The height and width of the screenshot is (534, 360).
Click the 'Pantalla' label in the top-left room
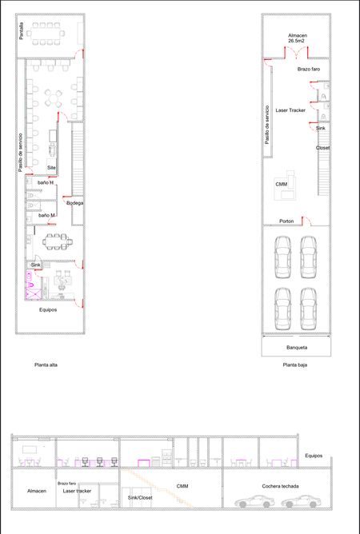click(x=21, y=31)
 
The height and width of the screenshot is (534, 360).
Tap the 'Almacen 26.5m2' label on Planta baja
click(x=297, y=38)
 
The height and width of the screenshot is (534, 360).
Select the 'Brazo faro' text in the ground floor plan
click(x=309, y=69)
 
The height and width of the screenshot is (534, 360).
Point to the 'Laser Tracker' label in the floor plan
click(x=290, y=110)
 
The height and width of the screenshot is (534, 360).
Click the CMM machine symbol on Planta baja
click(x=286, y=185)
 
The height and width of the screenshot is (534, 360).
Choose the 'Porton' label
click(x=286, y=221)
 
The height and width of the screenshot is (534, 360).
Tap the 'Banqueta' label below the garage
click(x=297, y=348)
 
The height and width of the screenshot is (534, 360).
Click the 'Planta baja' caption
click(x=295, y=365)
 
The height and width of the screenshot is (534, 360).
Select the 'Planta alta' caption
click(x=46, y=365)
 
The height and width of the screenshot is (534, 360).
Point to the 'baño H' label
click(x=46, y=183)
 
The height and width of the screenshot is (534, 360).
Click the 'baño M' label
click(x=46, y=215)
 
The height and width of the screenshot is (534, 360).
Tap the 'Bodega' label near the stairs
click(x=75, y=203)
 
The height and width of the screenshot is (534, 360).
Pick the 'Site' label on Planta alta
click(x=51, y=168)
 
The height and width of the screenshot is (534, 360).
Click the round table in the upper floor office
click(x=54, y=98)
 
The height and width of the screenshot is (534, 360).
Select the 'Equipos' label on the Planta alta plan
click(x=48, y=310)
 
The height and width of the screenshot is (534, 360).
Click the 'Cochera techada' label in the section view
click(x=280, y=486)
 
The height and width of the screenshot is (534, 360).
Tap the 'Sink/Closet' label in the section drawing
click(x=140, y=497)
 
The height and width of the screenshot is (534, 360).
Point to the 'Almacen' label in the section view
click(x=37, y=491)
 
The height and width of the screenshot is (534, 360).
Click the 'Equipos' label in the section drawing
click(x=314, y=456)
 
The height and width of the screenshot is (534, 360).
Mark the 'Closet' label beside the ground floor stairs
click(x=322, y=148)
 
